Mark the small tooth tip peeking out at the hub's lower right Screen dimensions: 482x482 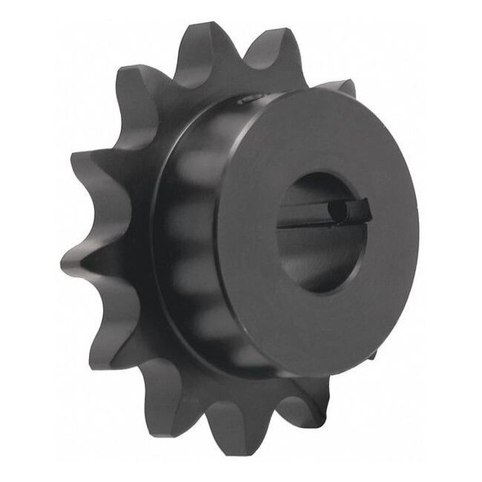[373, 355]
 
